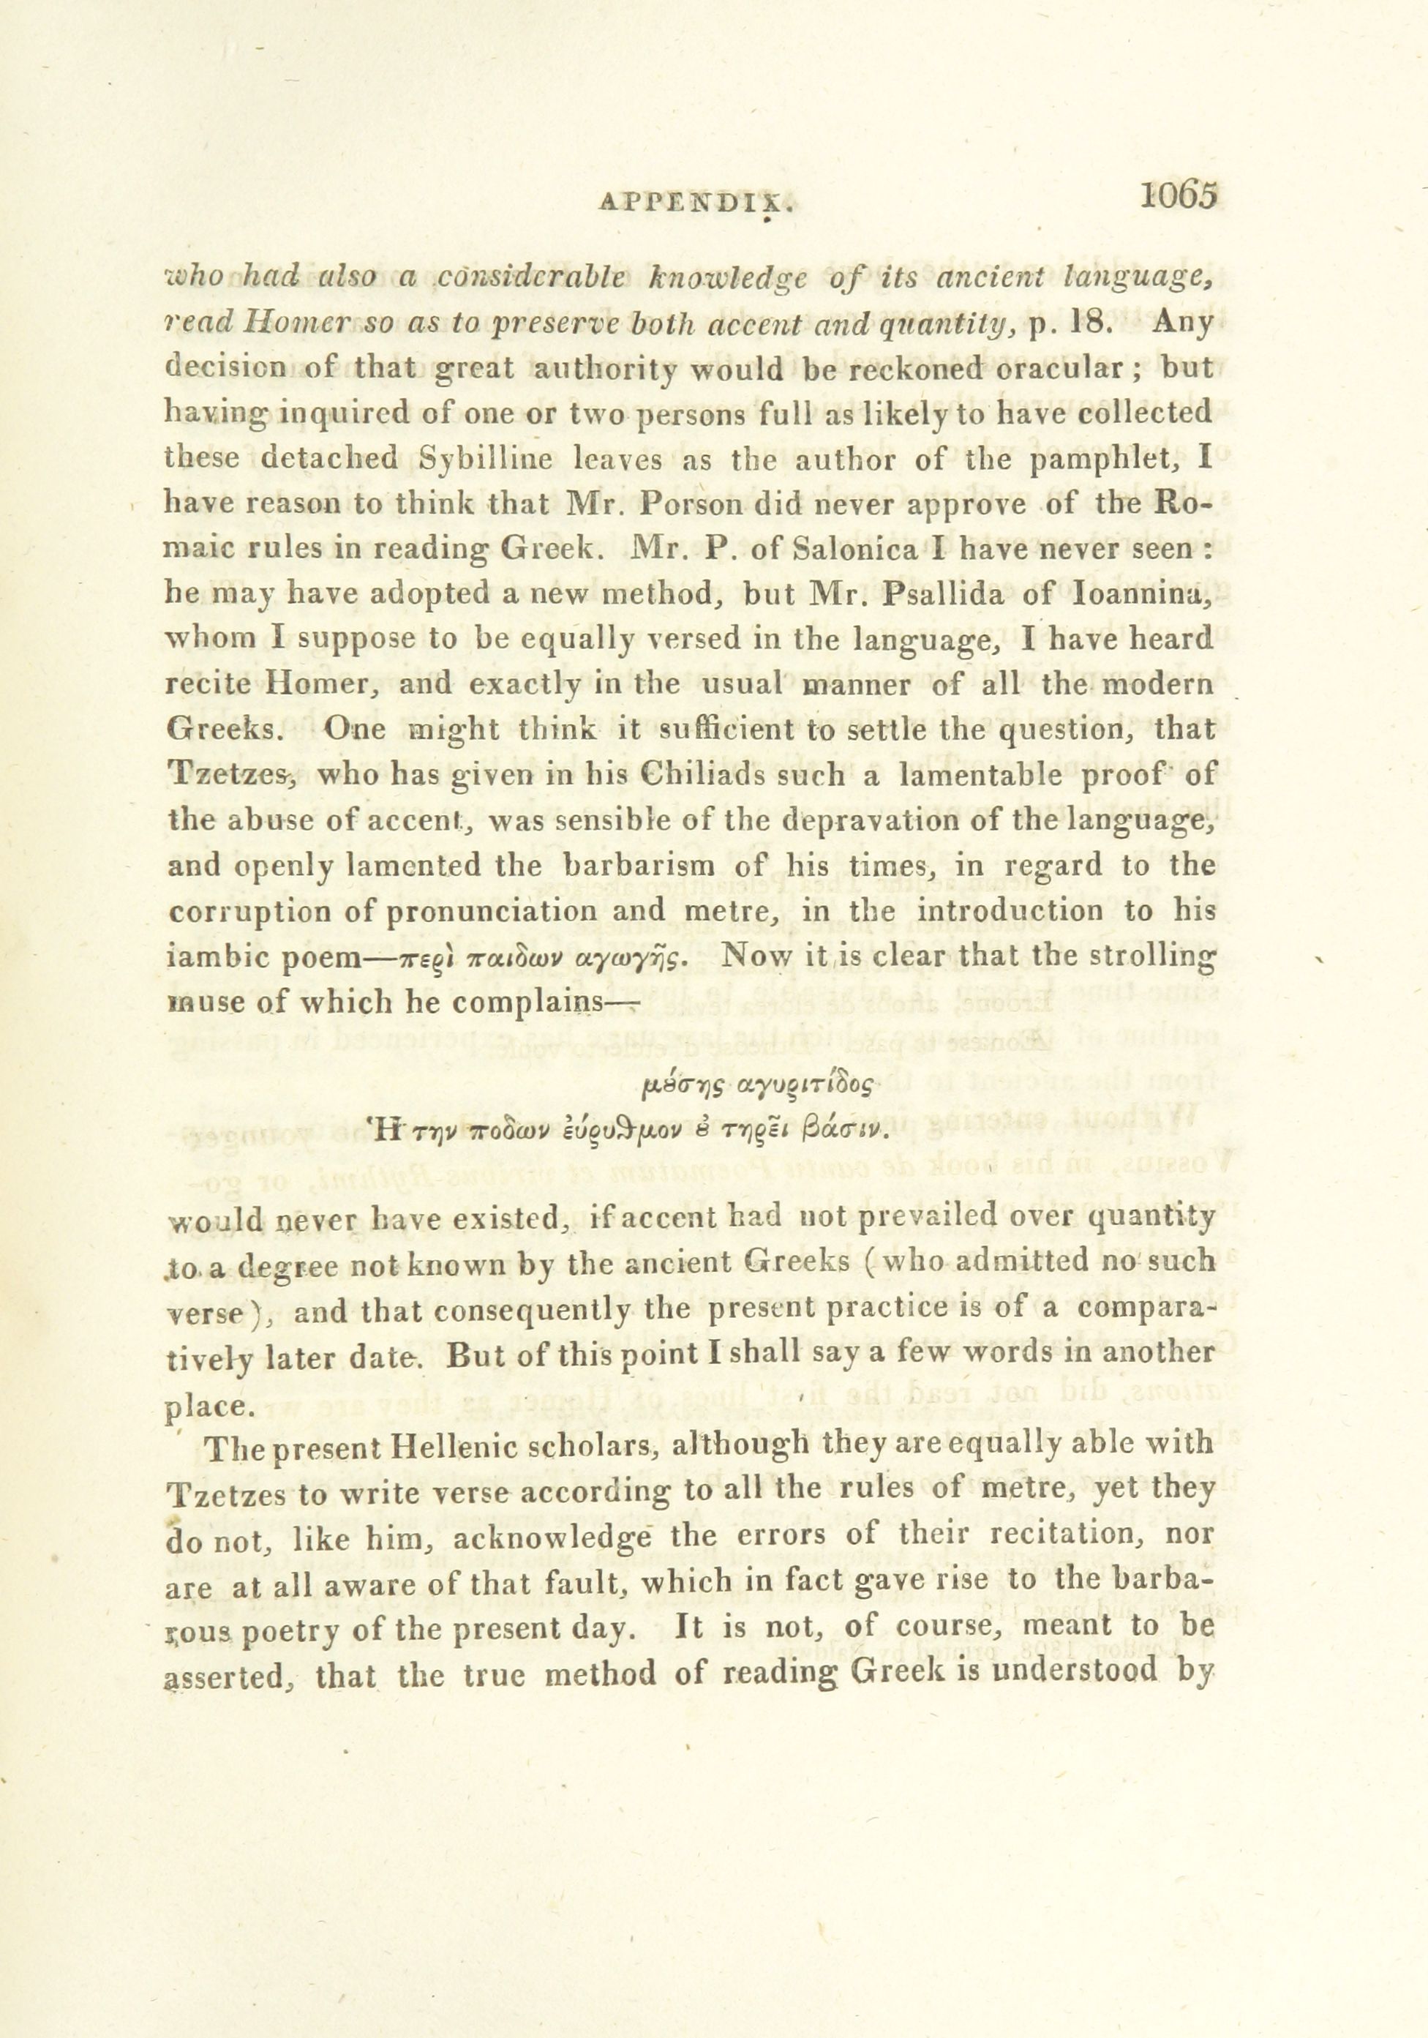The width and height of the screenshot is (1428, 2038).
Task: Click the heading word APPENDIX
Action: (x=695, y=203)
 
